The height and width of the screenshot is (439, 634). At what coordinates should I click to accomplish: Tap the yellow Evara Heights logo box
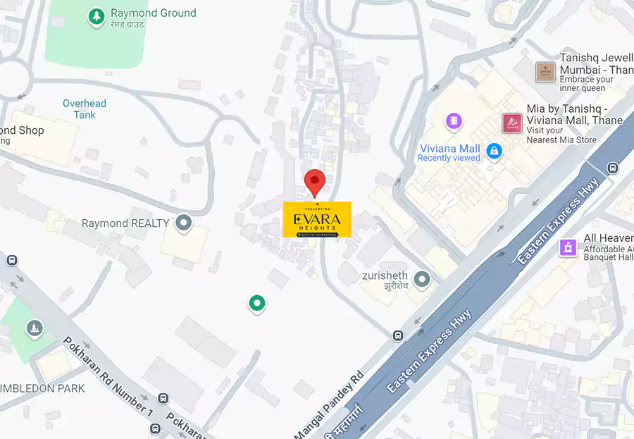[316, 219]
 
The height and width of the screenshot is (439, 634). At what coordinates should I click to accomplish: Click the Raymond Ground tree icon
[96, 16]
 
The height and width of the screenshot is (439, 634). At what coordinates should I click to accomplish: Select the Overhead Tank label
[85, 109]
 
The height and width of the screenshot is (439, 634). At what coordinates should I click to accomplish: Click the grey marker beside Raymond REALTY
[184, 223]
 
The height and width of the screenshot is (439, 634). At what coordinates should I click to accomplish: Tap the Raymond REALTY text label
[125, 223]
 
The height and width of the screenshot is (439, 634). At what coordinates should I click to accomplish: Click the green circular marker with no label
[257, 304]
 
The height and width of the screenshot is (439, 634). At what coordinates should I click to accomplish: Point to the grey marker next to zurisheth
[422, 280]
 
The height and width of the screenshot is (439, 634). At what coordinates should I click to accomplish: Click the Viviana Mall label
[449, 149]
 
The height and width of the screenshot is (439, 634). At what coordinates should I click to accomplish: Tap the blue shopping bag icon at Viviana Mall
[495, 150]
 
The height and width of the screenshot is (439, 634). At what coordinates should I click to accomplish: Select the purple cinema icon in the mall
[454, 121]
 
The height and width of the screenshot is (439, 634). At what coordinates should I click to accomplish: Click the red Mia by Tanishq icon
[511, 123]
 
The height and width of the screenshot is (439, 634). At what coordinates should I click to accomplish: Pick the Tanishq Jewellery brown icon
[545, 72]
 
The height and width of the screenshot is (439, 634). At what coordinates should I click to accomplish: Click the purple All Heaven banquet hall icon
[568, 247]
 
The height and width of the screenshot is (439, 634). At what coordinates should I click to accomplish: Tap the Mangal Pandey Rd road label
[330, 404]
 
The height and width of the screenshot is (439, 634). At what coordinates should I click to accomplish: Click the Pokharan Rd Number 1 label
[107, 375]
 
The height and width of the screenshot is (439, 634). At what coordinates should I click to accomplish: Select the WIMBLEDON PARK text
[42, 388]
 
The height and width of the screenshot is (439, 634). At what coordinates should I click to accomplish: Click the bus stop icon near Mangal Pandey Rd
[398, 335]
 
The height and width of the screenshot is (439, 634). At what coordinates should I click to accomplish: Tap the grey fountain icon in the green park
[34, 328]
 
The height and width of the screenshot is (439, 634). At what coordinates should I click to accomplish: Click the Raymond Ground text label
[153, 13]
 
